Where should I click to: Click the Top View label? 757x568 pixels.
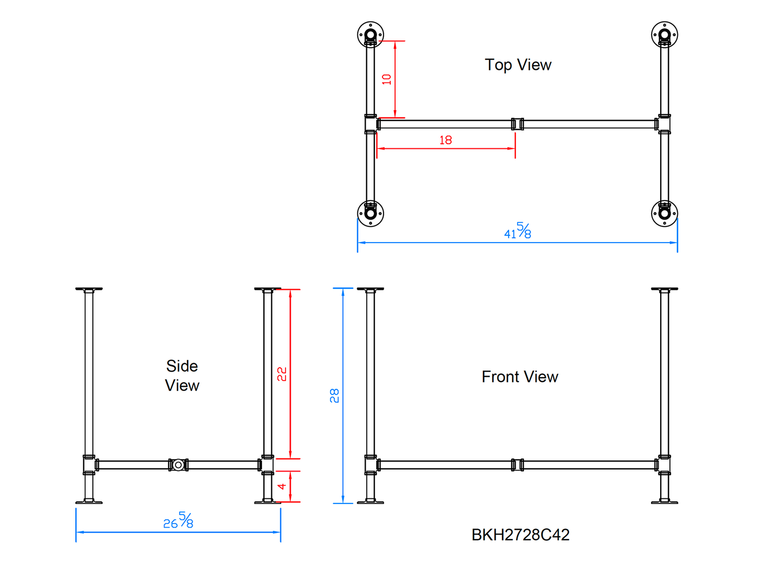pos(518,65)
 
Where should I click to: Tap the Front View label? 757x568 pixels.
pos(520,377)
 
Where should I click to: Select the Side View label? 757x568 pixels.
pos(182,376)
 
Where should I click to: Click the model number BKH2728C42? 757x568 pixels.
pos(520,534)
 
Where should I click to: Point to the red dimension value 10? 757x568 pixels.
pos(387,79)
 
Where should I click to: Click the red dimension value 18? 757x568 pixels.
pos(445,140)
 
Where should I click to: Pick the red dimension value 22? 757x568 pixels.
pos(282,374)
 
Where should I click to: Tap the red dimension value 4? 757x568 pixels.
pos(282,486)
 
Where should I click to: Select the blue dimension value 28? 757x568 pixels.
pos(334,396)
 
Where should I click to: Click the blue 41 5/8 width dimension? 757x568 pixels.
pos(518,231)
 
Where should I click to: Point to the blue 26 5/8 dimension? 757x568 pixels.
pos(178,521)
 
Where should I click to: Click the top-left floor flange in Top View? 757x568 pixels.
pos(370,35)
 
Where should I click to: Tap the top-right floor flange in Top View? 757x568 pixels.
pos(664,35)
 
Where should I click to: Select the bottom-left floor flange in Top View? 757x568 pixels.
pos(370,213)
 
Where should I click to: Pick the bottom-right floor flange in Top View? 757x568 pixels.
pos(664,213)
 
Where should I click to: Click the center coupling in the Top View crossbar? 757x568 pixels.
pos(517,124)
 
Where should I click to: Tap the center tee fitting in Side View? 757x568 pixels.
pos(178,465)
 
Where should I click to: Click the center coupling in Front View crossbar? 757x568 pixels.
pos(517,465)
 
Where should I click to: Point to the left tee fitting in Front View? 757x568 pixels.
pos(371,465)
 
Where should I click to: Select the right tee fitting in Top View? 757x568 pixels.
pos(664,124)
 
